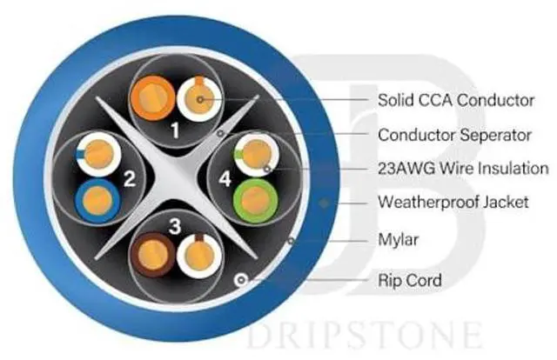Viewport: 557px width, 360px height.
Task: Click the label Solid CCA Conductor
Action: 456,100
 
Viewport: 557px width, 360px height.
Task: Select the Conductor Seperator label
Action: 453,135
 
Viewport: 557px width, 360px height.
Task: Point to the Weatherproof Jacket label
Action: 453,203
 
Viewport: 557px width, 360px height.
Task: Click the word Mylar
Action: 398,237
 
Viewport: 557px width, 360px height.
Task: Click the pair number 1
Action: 175,131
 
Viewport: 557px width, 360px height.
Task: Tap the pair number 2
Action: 128,181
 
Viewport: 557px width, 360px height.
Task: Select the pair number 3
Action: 175,228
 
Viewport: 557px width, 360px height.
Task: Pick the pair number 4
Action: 225,180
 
